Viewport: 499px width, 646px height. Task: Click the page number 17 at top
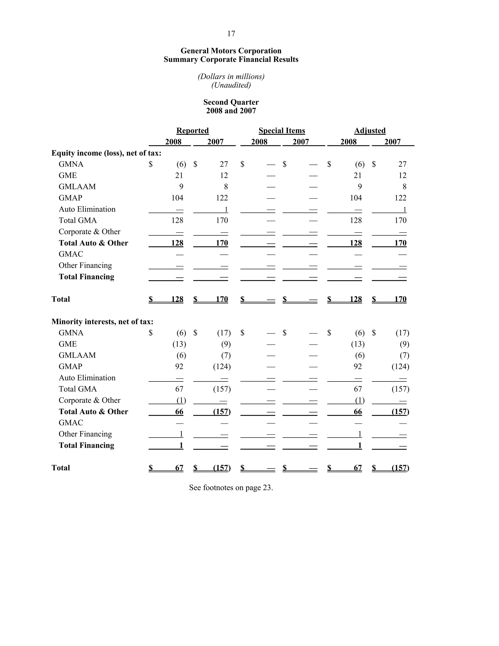click(231, 34)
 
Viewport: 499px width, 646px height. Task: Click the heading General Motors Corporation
click(231, 51)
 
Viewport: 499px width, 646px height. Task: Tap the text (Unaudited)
click(231, 85)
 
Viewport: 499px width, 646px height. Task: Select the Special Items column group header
click(281, 130)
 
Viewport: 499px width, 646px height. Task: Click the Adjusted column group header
click(370, 130)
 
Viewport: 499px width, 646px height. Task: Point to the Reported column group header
click(192, 130)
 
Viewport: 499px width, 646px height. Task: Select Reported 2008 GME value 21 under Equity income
click(179, 176)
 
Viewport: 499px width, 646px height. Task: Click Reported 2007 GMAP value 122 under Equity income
click(222, 198)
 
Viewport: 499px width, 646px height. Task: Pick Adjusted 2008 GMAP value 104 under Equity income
click(356, 198)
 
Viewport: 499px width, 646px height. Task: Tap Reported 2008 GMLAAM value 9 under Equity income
click(181, 187)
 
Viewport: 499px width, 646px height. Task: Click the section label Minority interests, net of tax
click(102, 322)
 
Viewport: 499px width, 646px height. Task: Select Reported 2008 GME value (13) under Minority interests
click(179, 344)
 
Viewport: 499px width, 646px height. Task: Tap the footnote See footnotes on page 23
click(231, 488)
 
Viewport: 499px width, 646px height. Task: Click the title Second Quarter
click(231, 102)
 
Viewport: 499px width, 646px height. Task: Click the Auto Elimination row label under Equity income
click(87, 209)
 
